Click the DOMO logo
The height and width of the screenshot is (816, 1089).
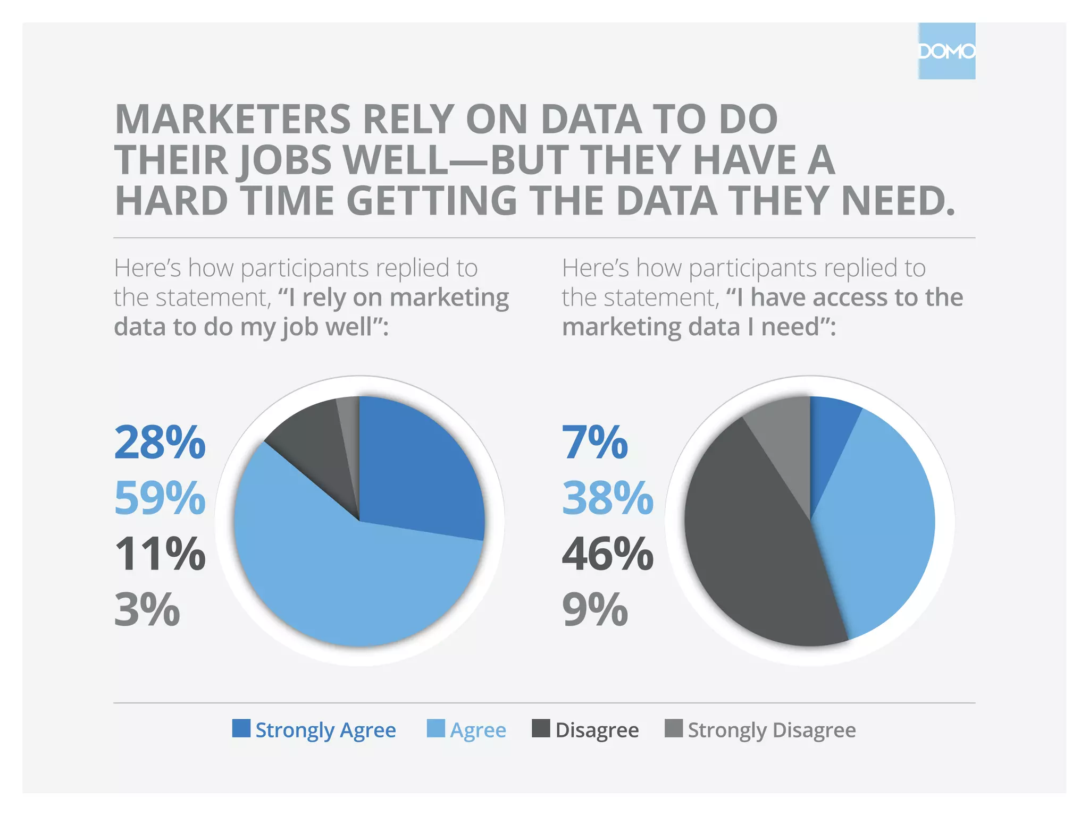(946, 51)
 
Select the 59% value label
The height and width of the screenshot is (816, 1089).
(160, 498)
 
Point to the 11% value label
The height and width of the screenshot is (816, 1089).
(160, 554)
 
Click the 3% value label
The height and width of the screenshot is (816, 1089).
(147, 609)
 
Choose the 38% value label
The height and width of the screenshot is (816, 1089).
(608, 498)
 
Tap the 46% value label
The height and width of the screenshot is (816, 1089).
(608, 554)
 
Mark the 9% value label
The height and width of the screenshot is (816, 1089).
(595, 609)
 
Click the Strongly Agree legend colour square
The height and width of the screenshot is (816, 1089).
(241, 728)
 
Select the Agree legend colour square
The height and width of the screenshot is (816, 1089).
(436, 728)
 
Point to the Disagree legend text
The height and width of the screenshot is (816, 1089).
(597, 730)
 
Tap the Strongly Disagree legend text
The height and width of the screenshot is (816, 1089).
(772, 730)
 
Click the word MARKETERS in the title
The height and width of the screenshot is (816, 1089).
(232, 119)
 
